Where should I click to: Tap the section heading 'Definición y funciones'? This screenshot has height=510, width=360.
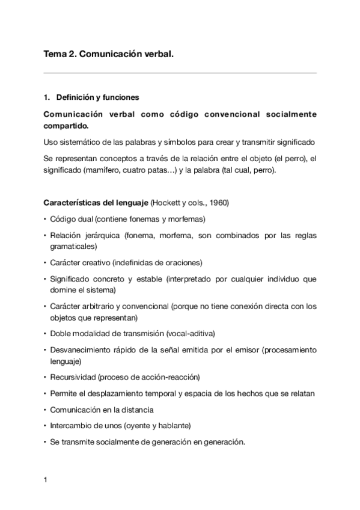click(97, 97)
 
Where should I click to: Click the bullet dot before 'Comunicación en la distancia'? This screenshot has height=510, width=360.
click(46, 410)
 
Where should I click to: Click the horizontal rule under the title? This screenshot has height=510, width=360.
click(180, 73)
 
